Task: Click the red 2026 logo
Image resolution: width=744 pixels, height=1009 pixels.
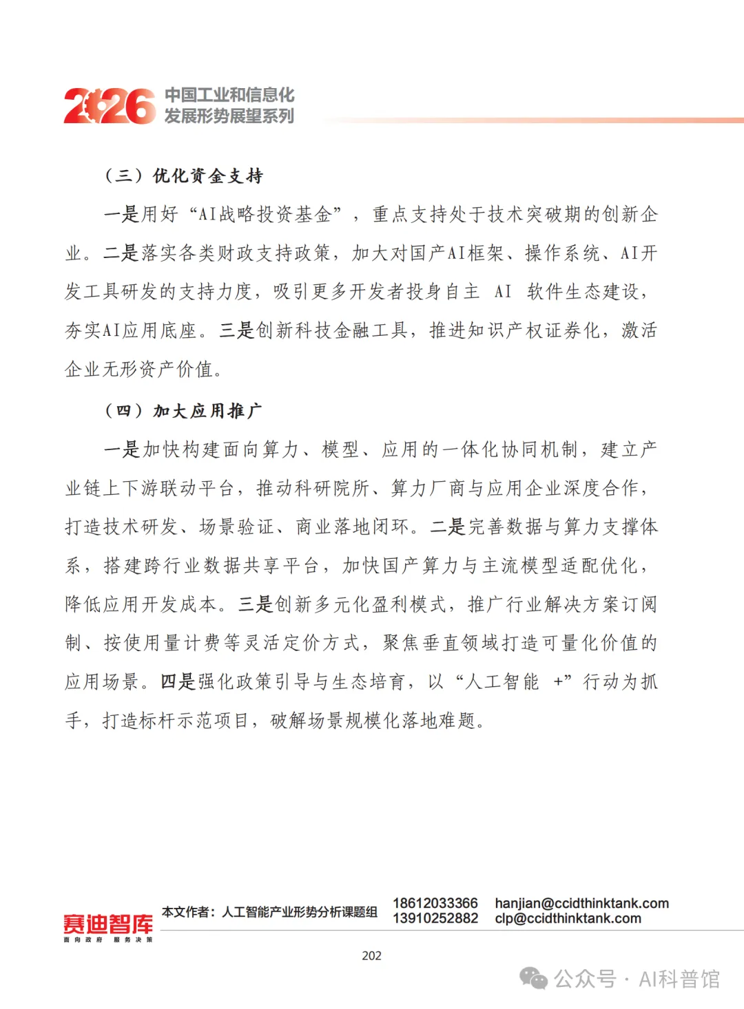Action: [x=110, y=106]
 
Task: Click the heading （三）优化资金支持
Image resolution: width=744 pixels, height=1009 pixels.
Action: [x=183, y=176]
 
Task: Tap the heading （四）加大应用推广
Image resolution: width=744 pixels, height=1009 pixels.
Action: [x=183, y=412]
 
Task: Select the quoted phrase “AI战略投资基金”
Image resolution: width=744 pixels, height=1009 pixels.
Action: [x=265, y=215]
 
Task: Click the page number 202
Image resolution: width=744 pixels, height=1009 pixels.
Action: [x=371, y=956]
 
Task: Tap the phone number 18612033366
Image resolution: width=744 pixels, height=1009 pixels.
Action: [x=435, y=903]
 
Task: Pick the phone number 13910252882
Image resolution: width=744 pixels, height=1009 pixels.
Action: [x=435, y=918]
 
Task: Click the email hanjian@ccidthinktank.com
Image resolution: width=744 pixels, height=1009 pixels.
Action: [x=581, y=903]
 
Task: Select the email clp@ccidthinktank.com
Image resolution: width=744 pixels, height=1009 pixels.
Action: [x=568, y=918]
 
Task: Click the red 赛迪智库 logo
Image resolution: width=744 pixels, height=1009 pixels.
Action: [x=108, y=924]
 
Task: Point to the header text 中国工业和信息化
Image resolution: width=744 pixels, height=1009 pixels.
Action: [x=229, y=95]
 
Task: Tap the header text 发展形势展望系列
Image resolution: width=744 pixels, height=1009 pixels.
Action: [x=229, y=116]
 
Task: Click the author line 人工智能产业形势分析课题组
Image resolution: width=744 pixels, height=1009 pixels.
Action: [x=300, y=912]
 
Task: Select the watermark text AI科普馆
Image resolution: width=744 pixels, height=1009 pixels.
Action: [x=679, y=979]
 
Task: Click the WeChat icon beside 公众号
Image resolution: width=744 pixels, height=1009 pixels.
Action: [x=534, y=978]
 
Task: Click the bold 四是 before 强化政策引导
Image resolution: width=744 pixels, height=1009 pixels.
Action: [x=178, y=682]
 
